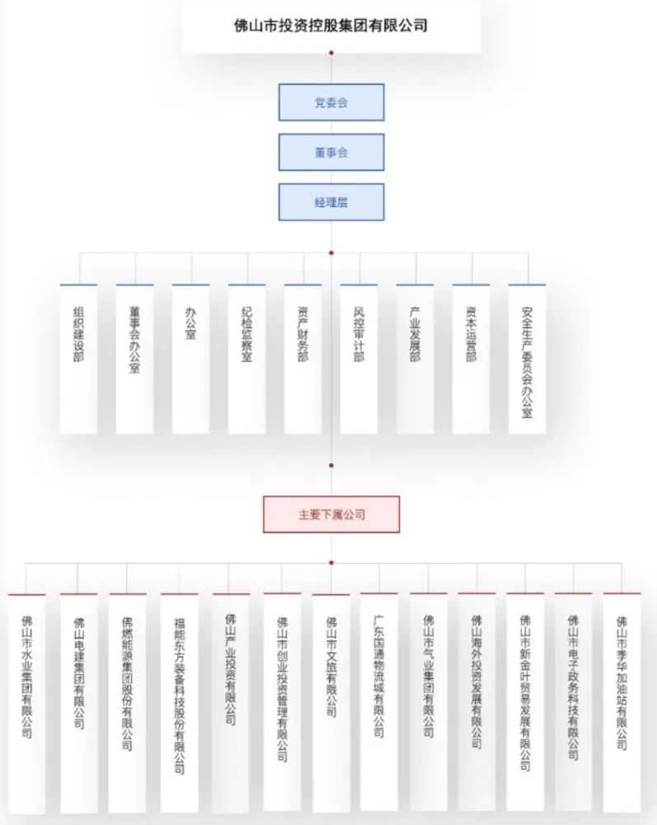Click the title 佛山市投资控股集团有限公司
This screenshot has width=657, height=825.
pyautogui.click(x=331, y=26)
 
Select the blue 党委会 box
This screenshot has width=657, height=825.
pyautogui.click(x=331, y=103)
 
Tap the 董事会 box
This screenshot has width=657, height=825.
pyautogui.click(x=331, y=153)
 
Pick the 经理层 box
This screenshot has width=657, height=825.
pyautogui.click(x=331, y=202)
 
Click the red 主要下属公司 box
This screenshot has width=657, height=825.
pyautogui.click(x=331, y=514)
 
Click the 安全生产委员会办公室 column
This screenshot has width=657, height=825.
pyautogui.click(x=527, y=359)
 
